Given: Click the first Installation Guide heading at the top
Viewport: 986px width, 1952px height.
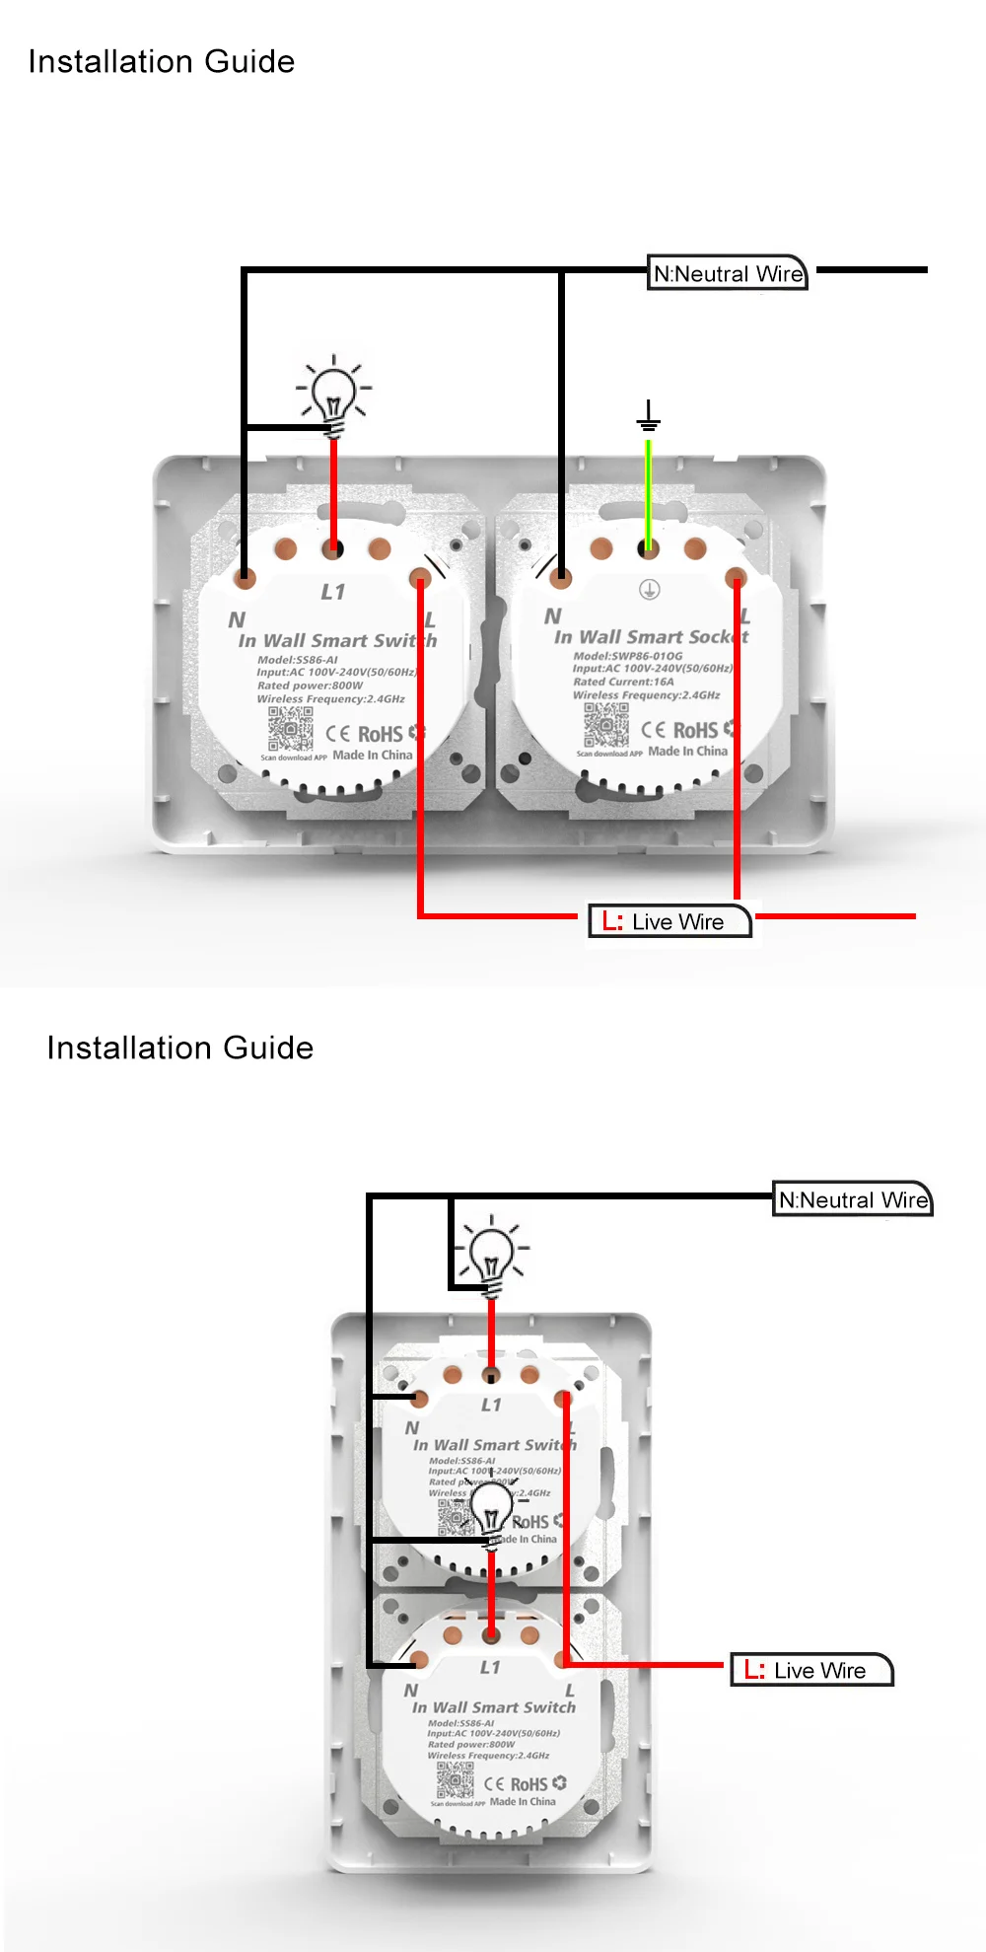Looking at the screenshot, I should point(162,61).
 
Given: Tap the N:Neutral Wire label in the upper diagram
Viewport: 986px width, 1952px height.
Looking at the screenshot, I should point(729,273).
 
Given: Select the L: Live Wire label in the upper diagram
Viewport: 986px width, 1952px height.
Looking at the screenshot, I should point(669,921).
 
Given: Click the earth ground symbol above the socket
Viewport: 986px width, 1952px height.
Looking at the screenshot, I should point(648,416).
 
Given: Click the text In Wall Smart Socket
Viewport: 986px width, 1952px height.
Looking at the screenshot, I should point(651,637).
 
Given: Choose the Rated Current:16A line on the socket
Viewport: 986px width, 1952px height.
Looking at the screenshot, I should point(623,682).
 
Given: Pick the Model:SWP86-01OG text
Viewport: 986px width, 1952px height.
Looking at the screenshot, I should point(627,656).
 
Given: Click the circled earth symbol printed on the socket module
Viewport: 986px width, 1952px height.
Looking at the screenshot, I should point(649,590).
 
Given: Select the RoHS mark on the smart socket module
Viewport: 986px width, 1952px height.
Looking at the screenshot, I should point(695,730).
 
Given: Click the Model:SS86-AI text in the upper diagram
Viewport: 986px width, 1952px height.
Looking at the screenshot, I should point(298,660).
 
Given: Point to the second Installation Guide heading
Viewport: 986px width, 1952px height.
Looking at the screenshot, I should point(180,1048).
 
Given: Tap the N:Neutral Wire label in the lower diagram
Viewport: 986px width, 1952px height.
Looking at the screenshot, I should point(853,1199).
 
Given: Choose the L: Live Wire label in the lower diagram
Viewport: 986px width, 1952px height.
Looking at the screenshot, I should point(811,1670).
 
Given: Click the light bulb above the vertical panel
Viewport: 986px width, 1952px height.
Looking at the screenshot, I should point(491,1256).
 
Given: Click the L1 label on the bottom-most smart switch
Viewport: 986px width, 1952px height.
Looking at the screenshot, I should point(490,1667).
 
